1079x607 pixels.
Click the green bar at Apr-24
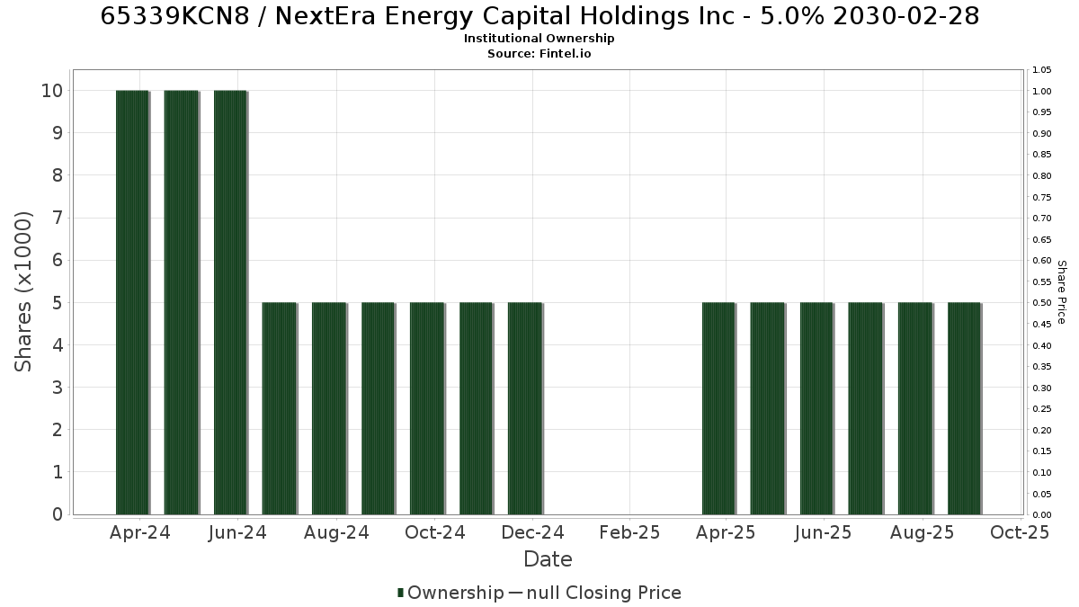[x=133, y=302]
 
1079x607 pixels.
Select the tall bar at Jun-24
[x=231, y=302]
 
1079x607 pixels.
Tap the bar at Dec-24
[x=525, y=408]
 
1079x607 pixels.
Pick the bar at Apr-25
[x=719, y=408]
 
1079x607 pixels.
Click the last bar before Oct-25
[x=965, y=408]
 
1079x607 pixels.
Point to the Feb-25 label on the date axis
[x=629, y=532]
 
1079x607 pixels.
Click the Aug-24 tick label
[x=336, y=532]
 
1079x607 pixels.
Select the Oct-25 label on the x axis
[x=1020, y=532]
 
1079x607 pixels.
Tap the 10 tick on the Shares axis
[x=52, y=91]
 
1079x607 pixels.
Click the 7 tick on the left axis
[x=58, y=218]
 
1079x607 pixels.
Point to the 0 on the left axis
[x=58, y=514]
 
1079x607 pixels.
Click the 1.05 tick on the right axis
[x=1042, y=70]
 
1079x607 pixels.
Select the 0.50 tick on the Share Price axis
[x=1042, y=303]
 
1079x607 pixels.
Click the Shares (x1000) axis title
[x=22, y=292]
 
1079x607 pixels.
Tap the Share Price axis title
[x=1062, y=292]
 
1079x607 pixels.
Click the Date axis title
[x=548, y=559]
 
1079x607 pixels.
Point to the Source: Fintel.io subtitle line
[x=539, y=53]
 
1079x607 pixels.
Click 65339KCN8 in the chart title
[x=175, y=16]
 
